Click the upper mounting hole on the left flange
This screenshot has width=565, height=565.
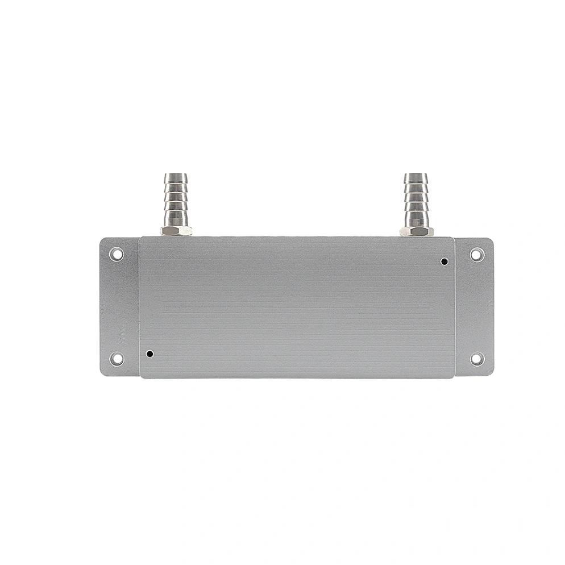116,254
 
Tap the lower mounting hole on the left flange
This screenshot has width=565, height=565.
116,359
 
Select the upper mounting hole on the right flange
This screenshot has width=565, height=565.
476,254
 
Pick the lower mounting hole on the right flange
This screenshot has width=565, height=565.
476,359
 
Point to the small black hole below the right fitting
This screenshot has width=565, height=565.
444,261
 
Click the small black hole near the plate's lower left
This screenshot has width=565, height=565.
149,354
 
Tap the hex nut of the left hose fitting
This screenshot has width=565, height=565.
176,231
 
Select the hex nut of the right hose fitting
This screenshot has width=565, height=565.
416,231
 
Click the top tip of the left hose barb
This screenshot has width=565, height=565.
176,176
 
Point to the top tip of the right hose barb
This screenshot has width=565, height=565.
416,176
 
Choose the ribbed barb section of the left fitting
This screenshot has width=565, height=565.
176,199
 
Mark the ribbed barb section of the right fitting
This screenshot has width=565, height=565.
416,199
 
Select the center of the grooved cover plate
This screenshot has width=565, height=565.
296,307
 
